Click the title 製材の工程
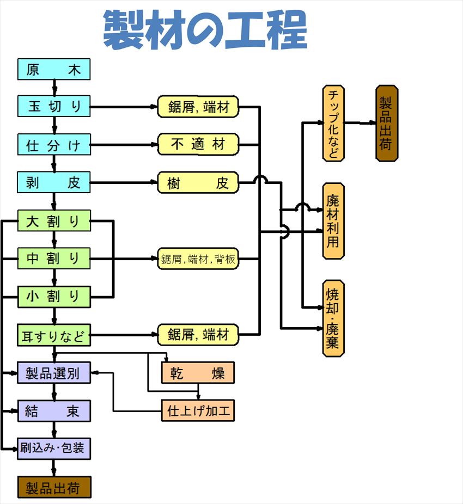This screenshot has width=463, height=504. (x=205, y=29)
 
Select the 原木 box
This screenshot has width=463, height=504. (x=54, y=69)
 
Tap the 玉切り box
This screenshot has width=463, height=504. (x=54, y=106)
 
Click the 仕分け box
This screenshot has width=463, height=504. (x=54, y=145)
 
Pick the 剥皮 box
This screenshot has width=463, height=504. (x=54, y=182)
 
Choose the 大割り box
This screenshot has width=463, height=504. (x=54, y=220)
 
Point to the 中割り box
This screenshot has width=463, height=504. (x=54, y=259)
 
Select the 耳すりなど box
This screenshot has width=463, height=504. (x=54, y=335)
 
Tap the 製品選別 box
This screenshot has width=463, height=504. (x=54, y=373)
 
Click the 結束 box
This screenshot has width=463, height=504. (x=54, y=411)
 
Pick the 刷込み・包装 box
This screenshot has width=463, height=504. (x=54, y=448)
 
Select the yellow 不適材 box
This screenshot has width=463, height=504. (x=198, y=144)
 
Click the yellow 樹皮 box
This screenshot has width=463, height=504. (x=198, y=182)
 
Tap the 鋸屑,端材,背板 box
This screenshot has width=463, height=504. (x=198, y=259)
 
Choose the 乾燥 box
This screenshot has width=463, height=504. (x=198, y=372)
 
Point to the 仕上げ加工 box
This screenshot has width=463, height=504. (x=198, y=410)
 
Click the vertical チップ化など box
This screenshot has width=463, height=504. (x=334, y=123)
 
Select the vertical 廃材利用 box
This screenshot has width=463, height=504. (x=334, y=221)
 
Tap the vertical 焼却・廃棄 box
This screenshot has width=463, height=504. (x=334, y=318)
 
